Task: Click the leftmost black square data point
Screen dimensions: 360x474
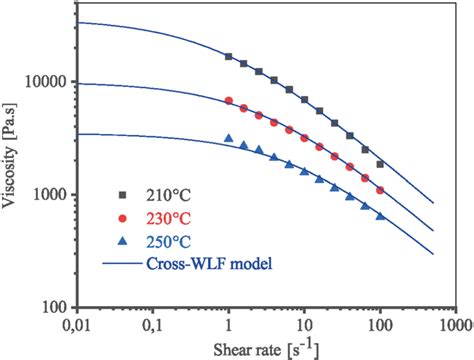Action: point(229,57)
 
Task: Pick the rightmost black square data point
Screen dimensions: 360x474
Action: point(380,164)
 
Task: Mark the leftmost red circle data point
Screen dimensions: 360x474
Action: point(229,100)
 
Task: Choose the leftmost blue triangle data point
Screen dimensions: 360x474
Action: point(229,139)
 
